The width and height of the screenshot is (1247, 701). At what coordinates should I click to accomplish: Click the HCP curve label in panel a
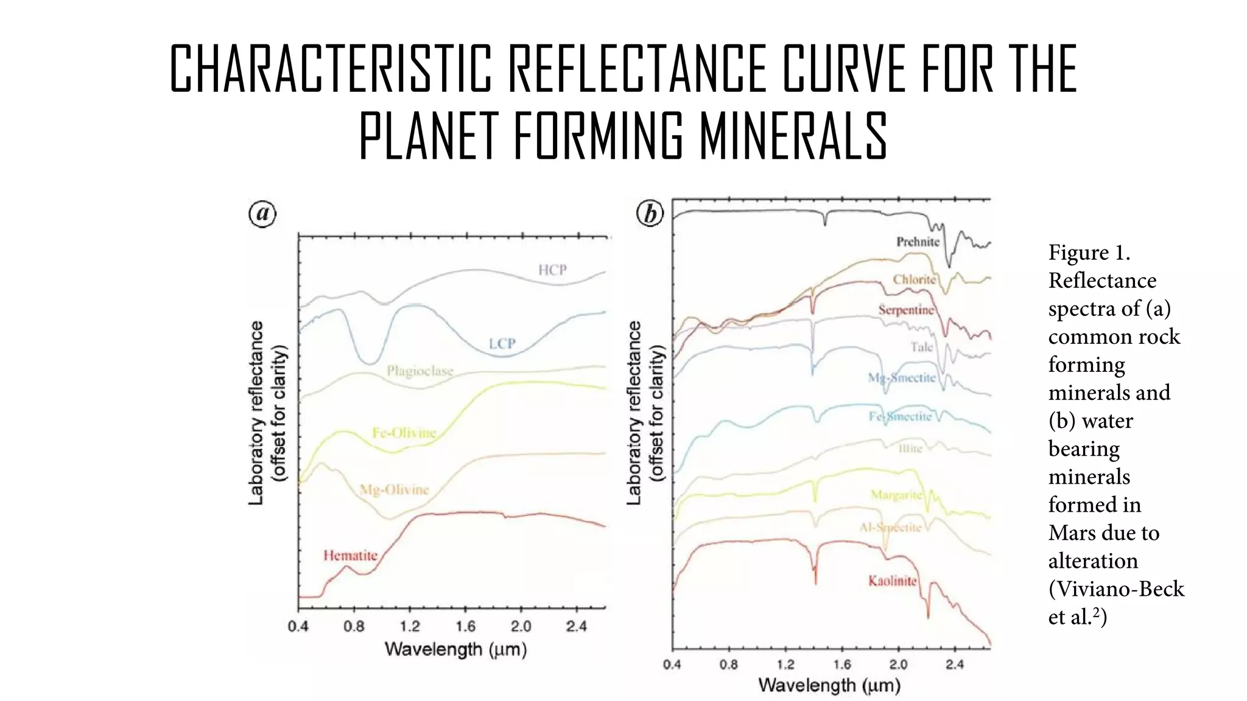tap(552, 270)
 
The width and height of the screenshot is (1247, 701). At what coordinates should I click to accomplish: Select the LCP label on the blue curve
tap(502, 344)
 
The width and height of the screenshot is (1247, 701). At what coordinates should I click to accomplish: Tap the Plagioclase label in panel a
tap(420, 371)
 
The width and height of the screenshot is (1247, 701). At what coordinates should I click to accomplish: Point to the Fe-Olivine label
tap(404, 433)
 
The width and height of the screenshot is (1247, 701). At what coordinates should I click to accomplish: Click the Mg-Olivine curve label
tap(394, 489)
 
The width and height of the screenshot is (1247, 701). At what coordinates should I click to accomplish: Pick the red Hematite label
tap(350, 555)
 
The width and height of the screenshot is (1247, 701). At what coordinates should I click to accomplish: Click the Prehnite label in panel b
tap(918, 242)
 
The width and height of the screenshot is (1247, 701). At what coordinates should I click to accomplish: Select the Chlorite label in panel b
tap(914, 279)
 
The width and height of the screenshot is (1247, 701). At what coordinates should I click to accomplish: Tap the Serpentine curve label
tap(905, 310)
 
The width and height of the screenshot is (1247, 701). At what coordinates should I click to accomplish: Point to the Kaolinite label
tap(892, 581)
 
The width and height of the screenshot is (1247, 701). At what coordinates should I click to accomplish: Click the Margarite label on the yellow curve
tap(896, 495)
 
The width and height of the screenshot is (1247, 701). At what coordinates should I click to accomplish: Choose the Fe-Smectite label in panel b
tap(900, 416)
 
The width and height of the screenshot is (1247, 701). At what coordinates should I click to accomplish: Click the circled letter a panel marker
tap(262, 214)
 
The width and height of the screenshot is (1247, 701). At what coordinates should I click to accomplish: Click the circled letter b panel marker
tap(650, 214)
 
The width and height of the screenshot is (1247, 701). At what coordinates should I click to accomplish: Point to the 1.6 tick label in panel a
tap(465, 626)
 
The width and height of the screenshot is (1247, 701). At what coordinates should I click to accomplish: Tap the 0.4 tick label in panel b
tap(672, 664)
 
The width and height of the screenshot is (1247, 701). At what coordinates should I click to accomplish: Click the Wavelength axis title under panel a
tap(455, 649)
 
